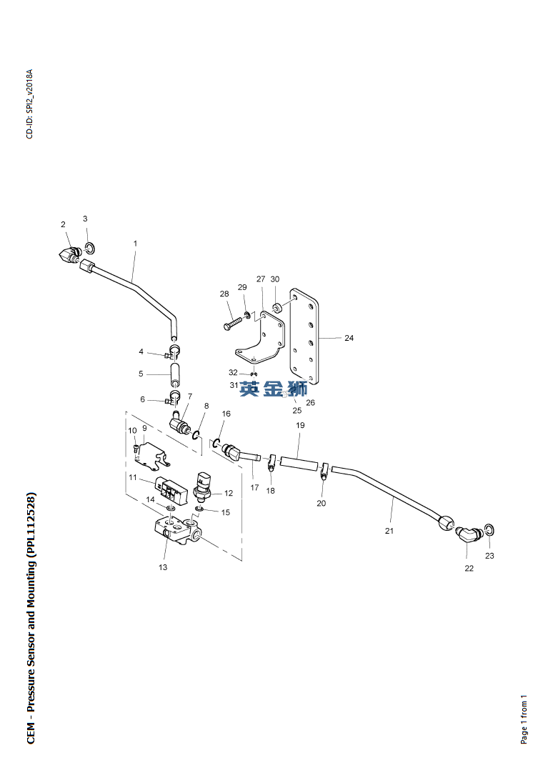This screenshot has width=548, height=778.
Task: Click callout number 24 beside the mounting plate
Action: pos(349,338)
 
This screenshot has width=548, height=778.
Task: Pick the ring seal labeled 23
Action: pos(489,529)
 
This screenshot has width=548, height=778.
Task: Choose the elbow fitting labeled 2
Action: pos(68,255)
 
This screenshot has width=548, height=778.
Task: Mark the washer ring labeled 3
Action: pos(89,248)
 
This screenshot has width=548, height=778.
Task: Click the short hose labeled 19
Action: pos(299,464)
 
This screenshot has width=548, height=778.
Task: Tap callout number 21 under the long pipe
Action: pos(389,531)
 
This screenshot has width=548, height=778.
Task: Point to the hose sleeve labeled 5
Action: pos(175,374)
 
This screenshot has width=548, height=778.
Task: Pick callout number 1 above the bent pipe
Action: pos(135,244)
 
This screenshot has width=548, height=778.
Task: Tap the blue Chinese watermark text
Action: pos(273,388)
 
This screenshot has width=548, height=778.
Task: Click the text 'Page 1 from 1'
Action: pos(524,719)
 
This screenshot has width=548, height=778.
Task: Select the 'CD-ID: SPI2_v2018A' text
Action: pos(29,104)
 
